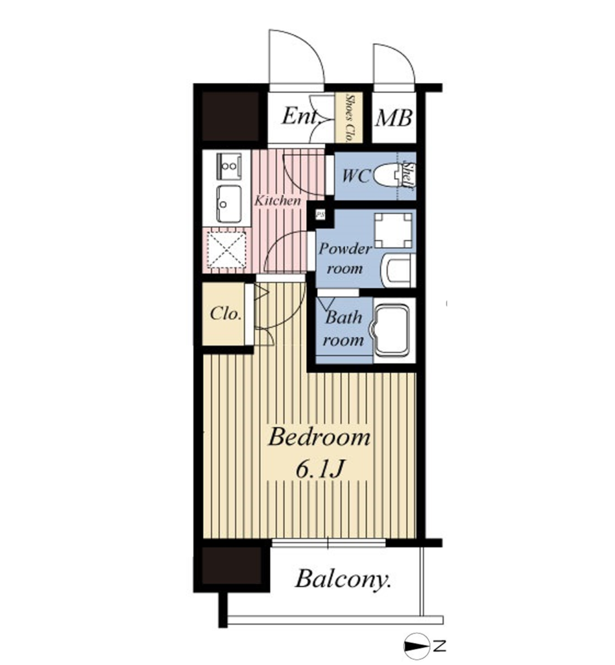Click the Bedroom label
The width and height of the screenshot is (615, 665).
(319, 437)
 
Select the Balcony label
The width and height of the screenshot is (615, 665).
(343, 579)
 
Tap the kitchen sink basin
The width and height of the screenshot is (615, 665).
(229, 204)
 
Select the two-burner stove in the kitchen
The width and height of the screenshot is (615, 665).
(229, 166)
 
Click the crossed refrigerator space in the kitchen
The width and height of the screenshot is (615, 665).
(226, 250)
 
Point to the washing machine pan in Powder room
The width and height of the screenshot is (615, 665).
(393, 231)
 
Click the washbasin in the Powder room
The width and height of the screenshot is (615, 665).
(398, 271)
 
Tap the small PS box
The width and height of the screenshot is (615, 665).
(320, 214)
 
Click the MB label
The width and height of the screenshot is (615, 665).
(394, 118)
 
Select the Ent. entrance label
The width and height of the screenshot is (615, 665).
(300, 116)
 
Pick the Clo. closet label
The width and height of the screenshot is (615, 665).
(226, 314)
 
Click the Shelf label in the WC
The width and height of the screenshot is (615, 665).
(408, 175)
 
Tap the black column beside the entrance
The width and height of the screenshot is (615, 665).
(230, 116)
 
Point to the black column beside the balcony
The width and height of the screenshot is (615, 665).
(232, 566)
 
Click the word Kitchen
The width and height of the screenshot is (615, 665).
(278, 200)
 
